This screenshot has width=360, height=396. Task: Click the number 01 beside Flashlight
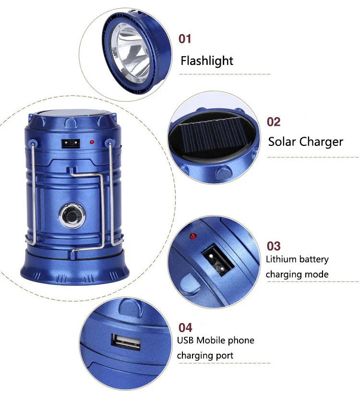[184, 38]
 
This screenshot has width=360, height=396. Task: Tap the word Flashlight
[206, 61]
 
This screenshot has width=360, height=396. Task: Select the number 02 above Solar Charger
[274, 122]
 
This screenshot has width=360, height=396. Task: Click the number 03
[274, 246]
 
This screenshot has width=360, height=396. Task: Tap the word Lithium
[281, 260]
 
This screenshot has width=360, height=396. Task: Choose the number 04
[185, 328]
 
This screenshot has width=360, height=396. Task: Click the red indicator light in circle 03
[193, 236]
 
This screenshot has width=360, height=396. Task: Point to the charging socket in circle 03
[216, 260]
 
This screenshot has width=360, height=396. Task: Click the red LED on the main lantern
[92, 142]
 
